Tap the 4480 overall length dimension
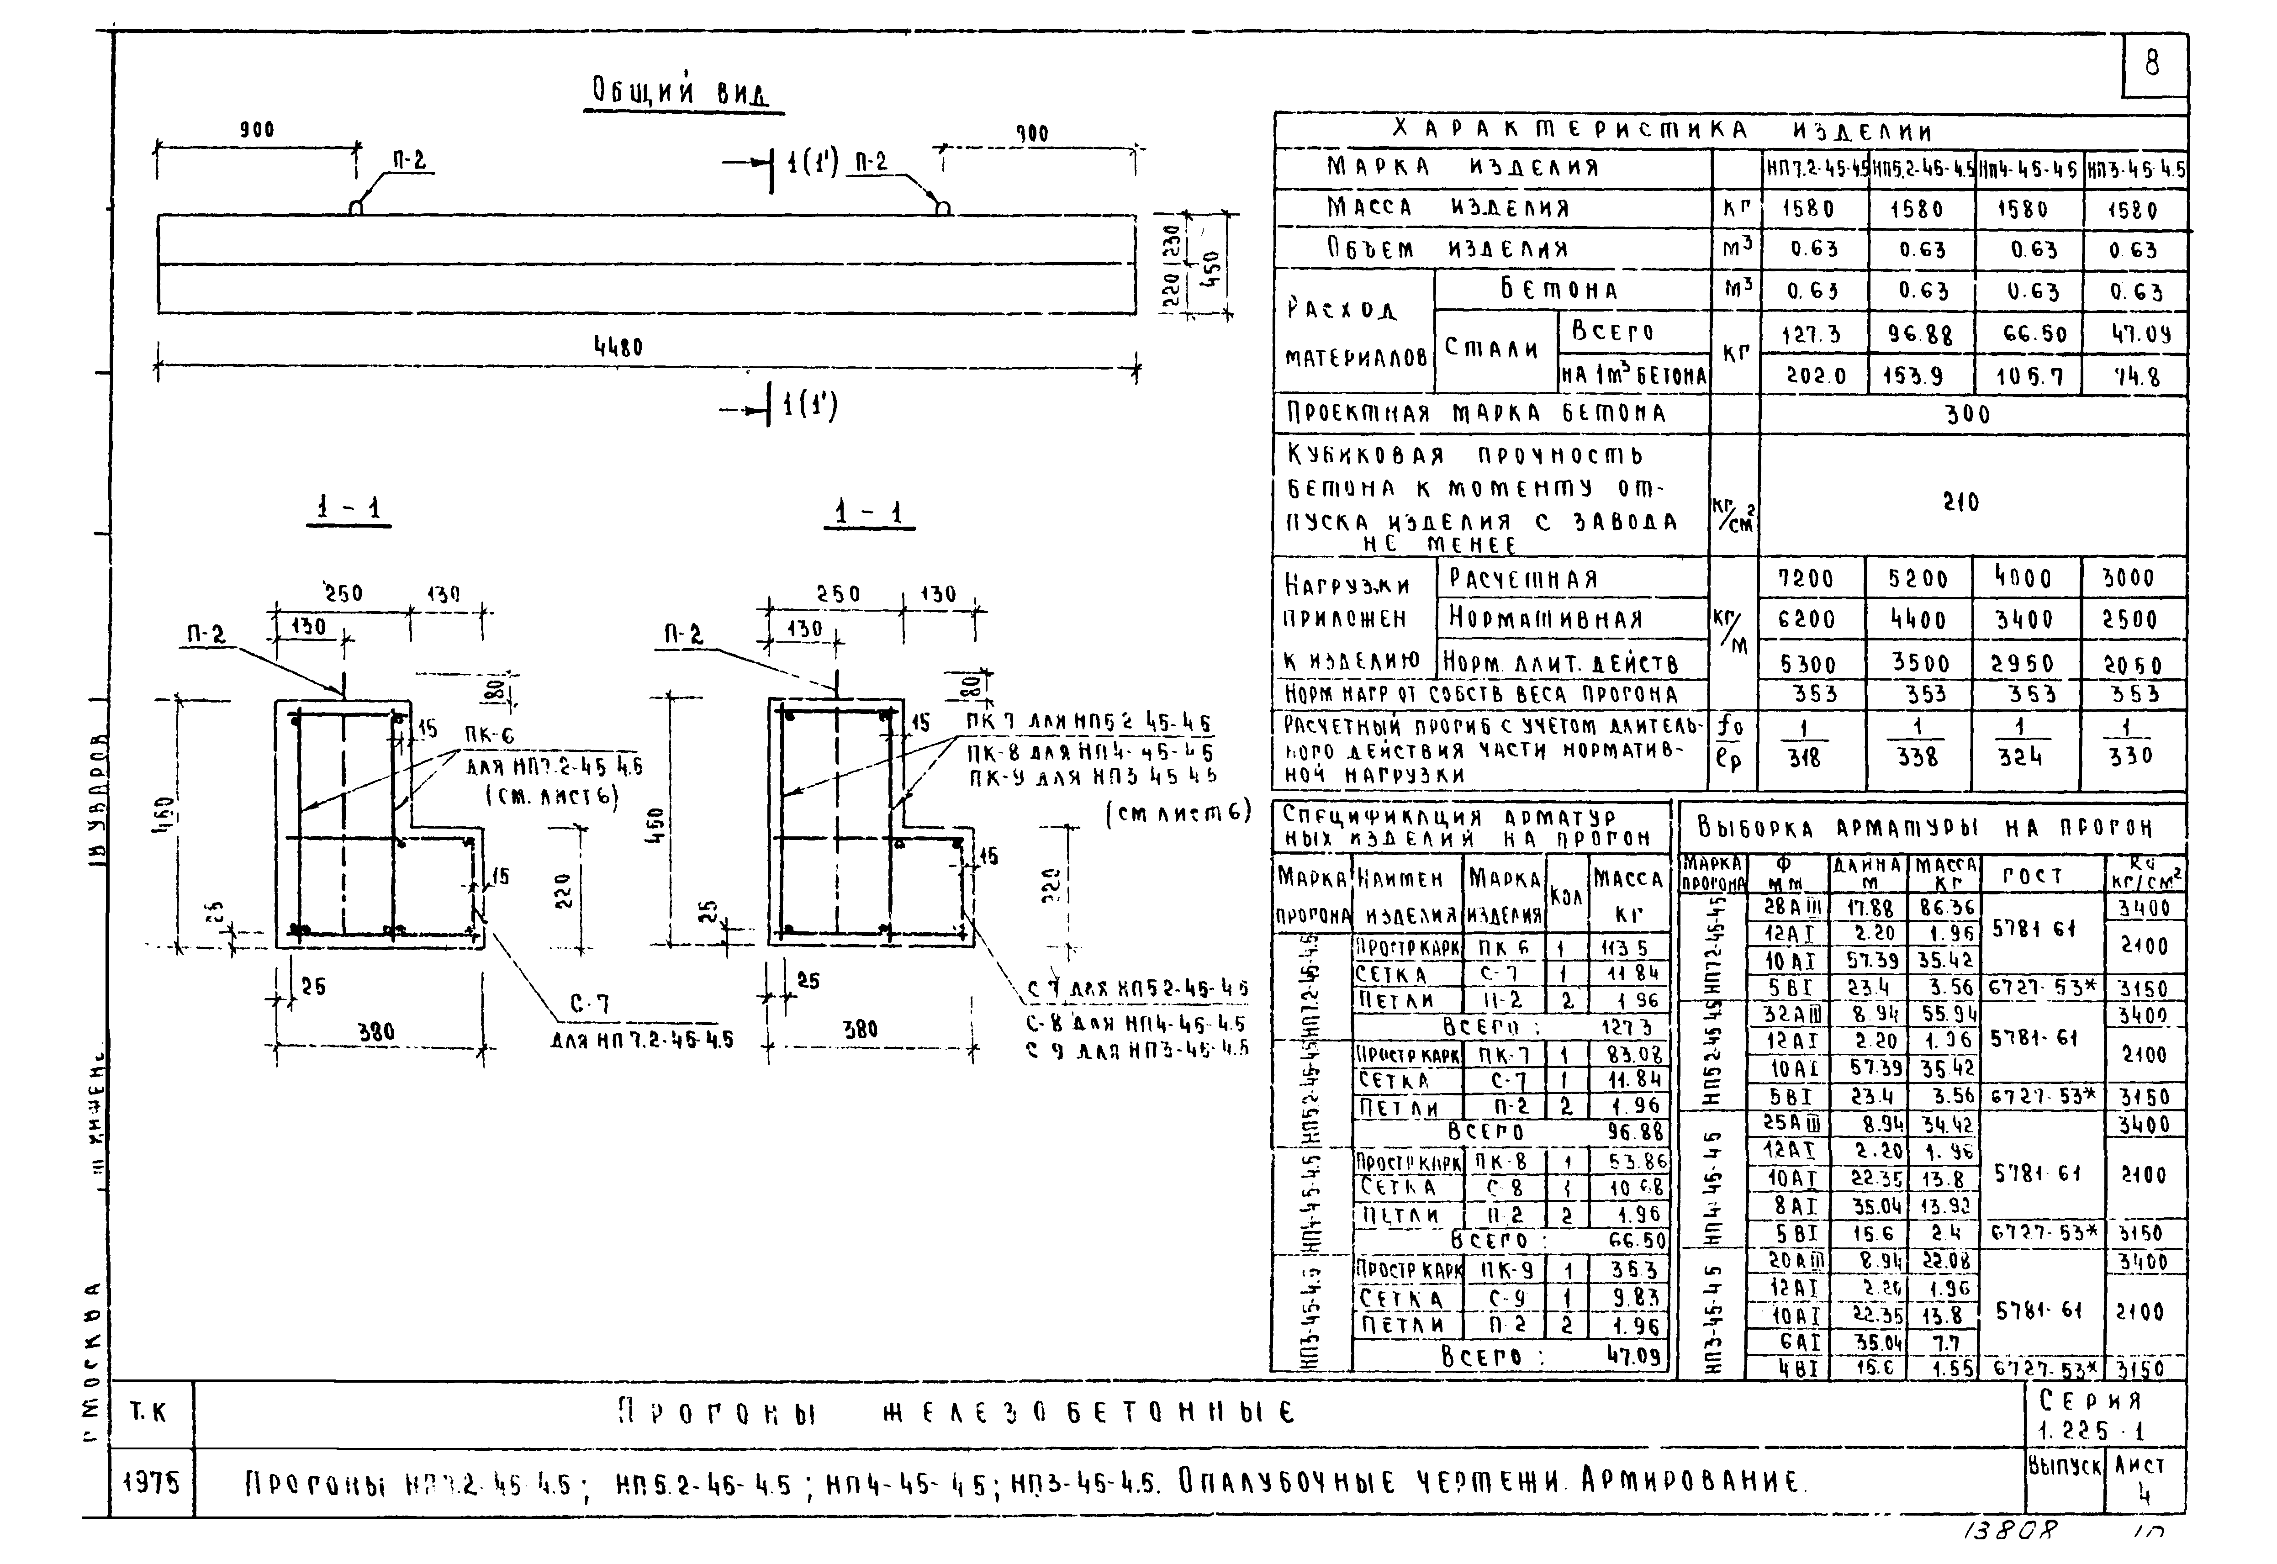click(618, 347)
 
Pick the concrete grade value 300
click(1967, 414)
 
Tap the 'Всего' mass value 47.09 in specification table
click(1633, 1356)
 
